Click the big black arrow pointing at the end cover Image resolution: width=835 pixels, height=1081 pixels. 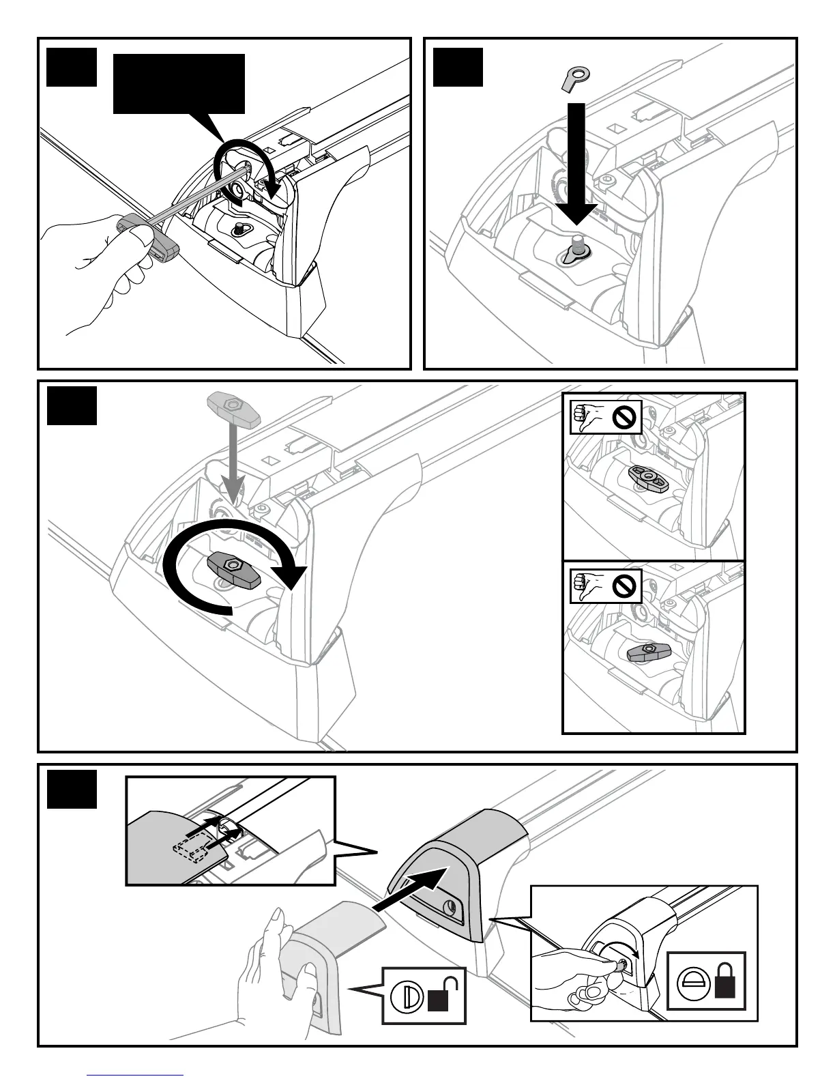[x=413, y=884]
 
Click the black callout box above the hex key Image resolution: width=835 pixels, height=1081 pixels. [x=179, y=83]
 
